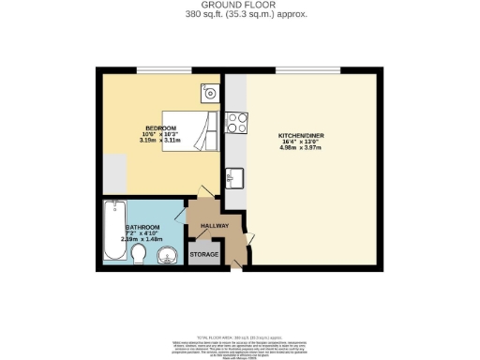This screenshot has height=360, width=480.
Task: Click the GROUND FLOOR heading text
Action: (x=240, y=6)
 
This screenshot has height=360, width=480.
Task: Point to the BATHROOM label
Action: (x=143, y=228)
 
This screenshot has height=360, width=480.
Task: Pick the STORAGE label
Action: (x=204, y=255)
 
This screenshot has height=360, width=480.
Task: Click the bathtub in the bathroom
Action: (x=112, y=231)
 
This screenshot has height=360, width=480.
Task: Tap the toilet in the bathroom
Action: (x=138, y=256)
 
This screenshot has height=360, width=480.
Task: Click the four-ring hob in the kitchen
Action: (x=236, y=121)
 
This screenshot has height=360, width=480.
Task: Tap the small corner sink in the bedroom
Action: (x=208, y=93)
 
